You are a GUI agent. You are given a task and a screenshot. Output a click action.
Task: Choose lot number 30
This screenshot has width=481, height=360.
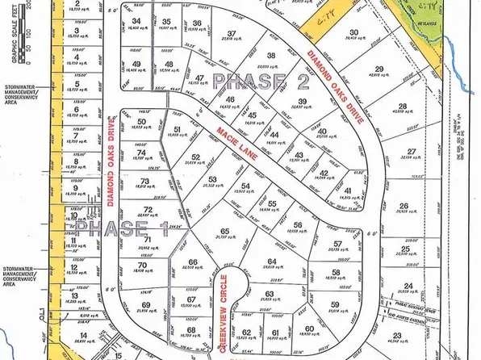[x=353, y=33]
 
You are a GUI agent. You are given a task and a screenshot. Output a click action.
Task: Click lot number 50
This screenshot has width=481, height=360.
[x=141, y=122]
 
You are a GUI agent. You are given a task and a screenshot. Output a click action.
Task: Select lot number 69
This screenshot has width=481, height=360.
[x=146, y=304]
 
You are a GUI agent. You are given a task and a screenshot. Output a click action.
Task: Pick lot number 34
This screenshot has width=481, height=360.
[x=136, y=22]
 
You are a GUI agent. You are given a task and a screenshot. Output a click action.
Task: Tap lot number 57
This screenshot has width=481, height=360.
[x=335, y=241]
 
